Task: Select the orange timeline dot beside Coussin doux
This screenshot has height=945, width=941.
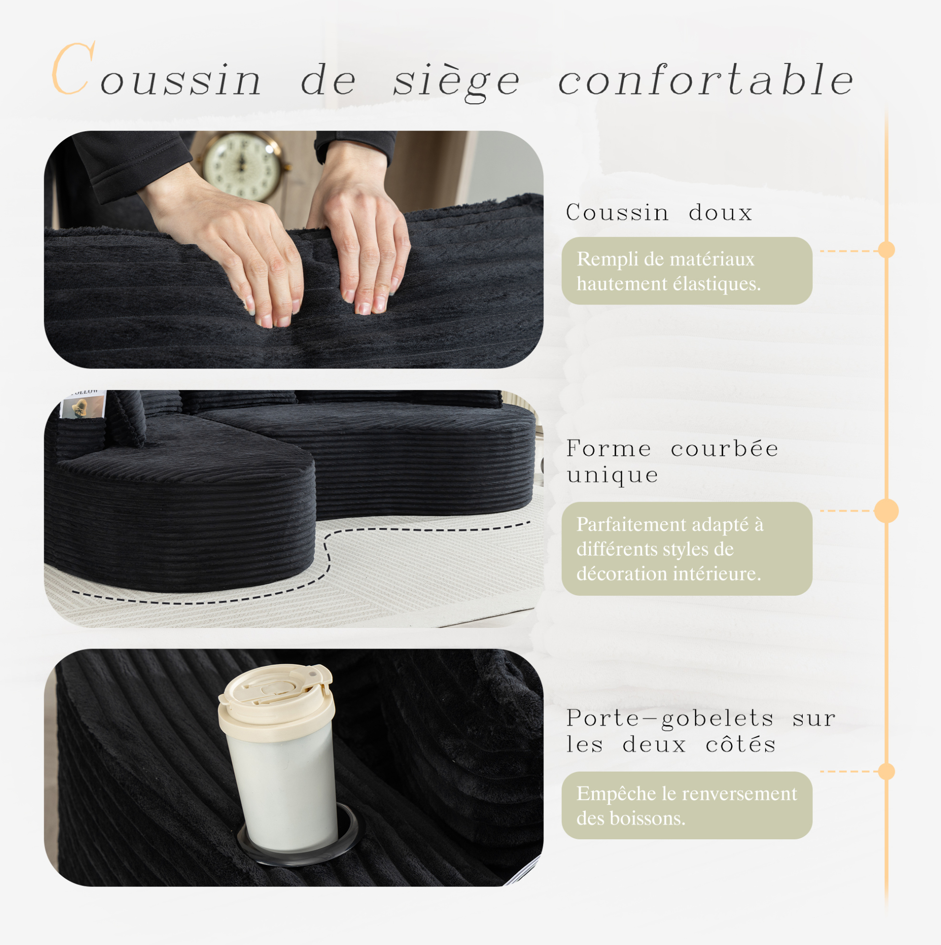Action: coord(886,250)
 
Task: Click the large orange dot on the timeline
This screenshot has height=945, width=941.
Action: coord(886,511)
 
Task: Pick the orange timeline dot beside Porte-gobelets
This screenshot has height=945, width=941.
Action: coord(886,772)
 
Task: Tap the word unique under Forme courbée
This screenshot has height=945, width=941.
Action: coord(613,475)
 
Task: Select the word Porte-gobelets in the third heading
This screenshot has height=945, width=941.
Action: coord(670,719)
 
